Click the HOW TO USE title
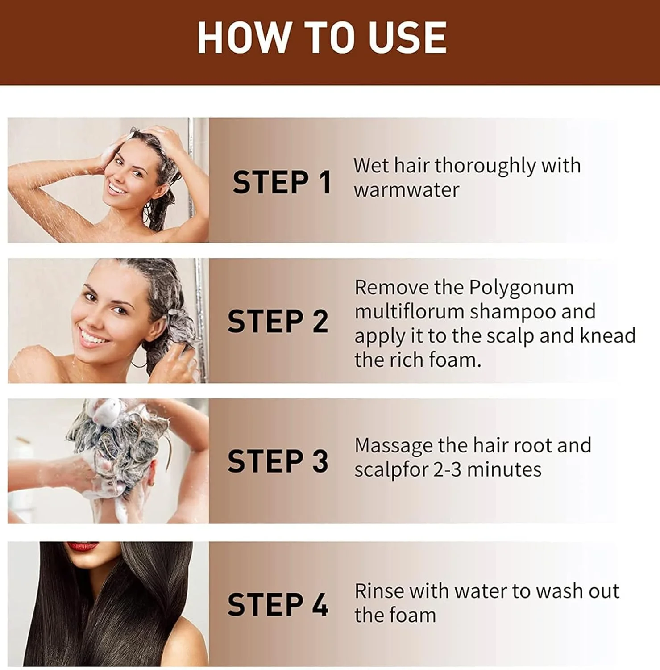point(322,38)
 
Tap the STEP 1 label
point(282,182)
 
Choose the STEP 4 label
point(278,604)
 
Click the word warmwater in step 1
point(406,190)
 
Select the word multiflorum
point(409,311)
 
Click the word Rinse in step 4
point(379,591)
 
